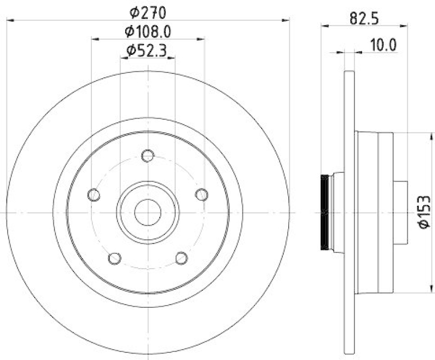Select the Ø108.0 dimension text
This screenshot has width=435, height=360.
(x=148, y=31)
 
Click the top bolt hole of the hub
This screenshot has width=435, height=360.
(x=147, y=156)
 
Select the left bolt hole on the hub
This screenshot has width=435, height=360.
(x=94, y=194)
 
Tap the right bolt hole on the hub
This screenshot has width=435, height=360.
(x=202, y=194)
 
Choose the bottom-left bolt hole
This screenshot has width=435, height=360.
(x=114, y=258)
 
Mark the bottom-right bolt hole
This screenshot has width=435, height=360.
(x=181, y=258)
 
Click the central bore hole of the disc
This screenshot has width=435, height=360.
(x=147, y=212)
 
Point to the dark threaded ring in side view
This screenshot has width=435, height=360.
(x=325, y=212)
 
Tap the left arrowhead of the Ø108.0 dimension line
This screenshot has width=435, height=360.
(x=95, y=39)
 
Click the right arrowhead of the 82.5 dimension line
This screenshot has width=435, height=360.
(x=404, y=25)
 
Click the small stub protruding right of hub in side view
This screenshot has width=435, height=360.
(x=400, y=212)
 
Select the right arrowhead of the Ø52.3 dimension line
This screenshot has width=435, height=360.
(x=172, y=57)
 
